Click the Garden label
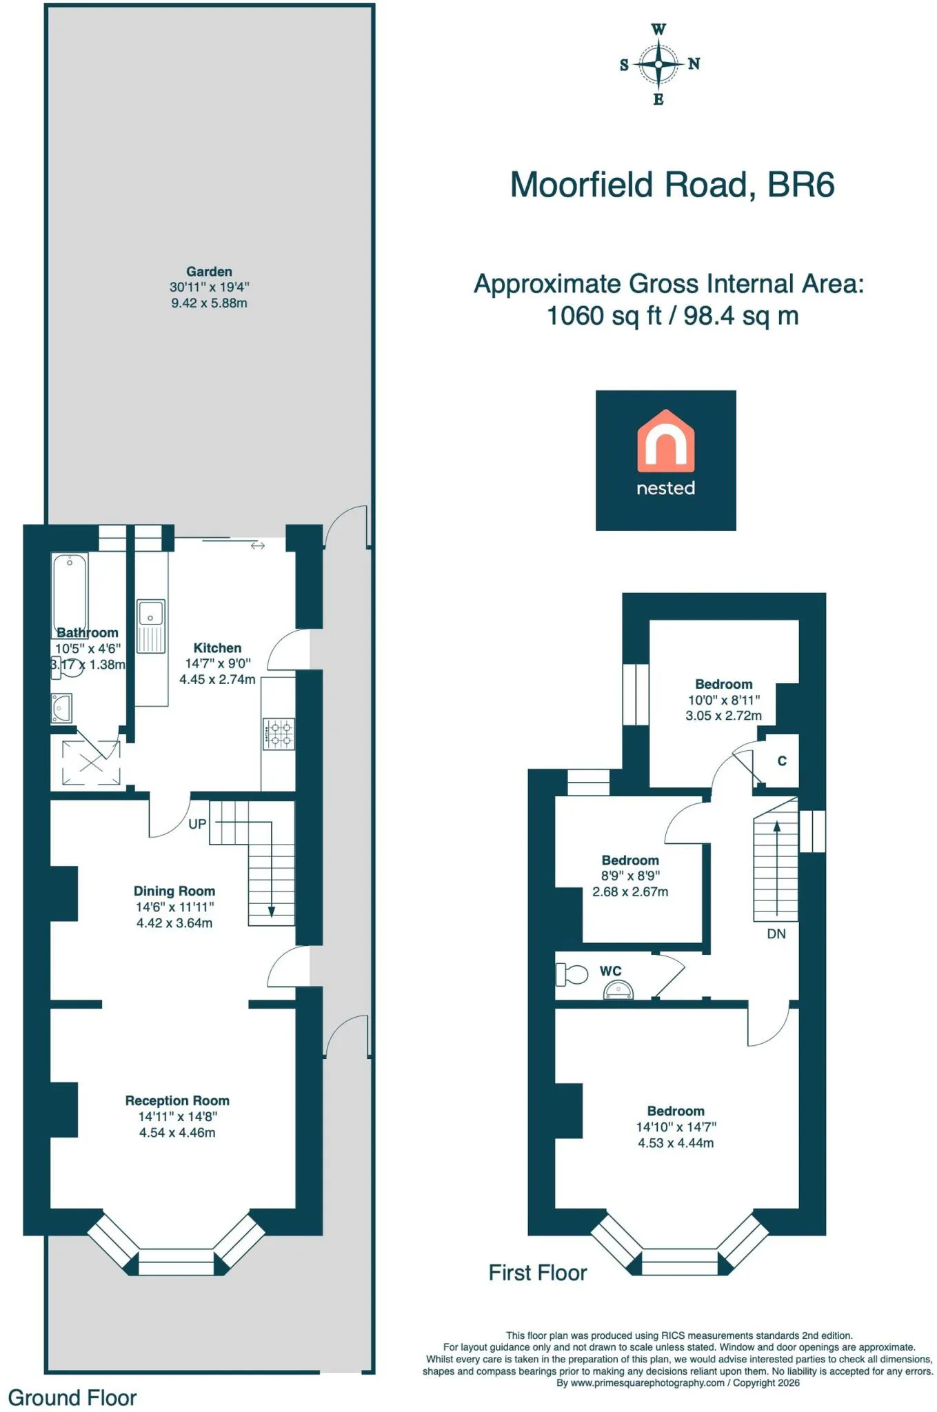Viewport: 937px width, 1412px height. [x=209, y=272]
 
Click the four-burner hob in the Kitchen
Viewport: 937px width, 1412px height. [x=279, y=734]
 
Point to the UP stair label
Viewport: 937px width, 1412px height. [x=197, y=824]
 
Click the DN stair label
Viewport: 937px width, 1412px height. [x=776, y=934]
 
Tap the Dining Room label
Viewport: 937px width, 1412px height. [x=174, y=891]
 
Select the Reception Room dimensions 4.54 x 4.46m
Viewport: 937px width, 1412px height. [x=177, y=1132]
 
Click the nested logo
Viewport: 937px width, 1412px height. [x=666, y=461]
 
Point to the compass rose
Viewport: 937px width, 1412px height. [x=659, y=64]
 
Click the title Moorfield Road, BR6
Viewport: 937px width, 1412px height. [x=672, y=185]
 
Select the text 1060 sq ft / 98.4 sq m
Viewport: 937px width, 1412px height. [x=672, y=316]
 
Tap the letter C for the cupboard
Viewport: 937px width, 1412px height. [x=782, y=761]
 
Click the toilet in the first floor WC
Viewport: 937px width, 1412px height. [x=572, y=974]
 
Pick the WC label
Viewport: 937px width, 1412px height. [x=611, y=971]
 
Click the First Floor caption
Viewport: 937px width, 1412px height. [x=538, y=1273]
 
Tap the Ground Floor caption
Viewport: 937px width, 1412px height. [x=72, y=1398]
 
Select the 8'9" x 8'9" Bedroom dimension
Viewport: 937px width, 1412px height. [x=630, y=876]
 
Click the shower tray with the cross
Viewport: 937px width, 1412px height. [x=91, y=763]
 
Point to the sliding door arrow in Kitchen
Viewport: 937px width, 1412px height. [x=258, y=546]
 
